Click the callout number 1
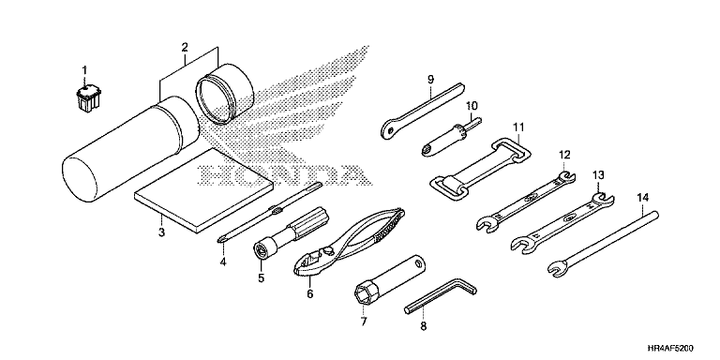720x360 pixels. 84,70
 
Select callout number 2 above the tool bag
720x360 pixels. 185,47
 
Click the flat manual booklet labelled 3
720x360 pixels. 203,190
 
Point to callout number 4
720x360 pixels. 223,262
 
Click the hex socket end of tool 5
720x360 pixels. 262,250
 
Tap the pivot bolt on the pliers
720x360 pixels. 329,250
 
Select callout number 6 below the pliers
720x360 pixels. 310,293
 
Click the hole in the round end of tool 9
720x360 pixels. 390,131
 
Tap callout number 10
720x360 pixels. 472,106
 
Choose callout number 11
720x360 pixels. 518,126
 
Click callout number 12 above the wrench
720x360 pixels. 563,155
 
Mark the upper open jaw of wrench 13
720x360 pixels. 603,198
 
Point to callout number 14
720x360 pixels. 643,198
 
